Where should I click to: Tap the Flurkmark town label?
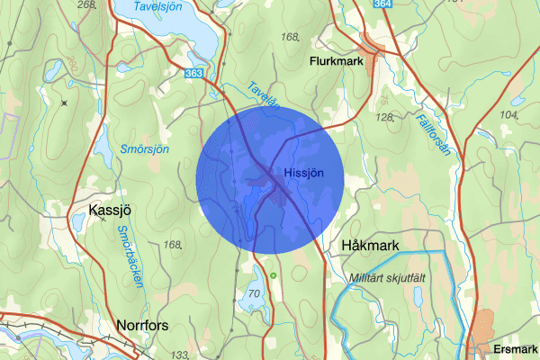(x=335, y=62)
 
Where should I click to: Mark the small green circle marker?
(x=273, y=274)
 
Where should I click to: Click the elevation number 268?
(x=87, y=5)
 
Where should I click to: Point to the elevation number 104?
(x=509, y=115)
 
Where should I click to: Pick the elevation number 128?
(x=385, y=118)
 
